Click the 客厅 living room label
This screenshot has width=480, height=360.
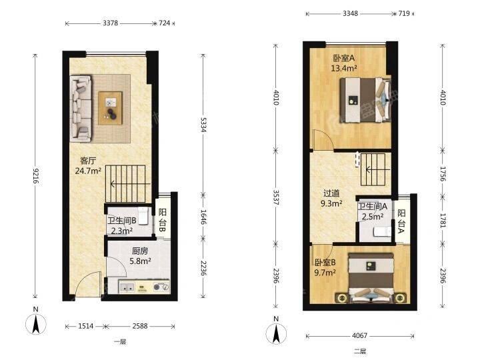coord(88,161)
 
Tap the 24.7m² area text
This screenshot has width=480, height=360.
coord(88,171)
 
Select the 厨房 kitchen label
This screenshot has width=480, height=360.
coord(140,251)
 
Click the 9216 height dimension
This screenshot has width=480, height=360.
coord(36,176)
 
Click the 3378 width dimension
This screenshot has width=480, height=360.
coord(110,23)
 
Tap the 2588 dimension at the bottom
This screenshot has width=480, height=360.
coord(140,326)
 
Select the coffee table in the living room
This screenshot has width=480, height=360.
coord(110,109)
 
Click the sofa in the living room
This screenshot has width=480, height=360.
coord(81,109)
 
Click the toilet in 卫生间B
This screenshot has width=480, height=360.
coord(143,216)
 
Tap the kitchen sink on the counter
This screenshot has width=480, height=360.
coord(127,287)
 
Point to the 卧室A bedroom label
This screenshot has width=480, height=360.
coord(344,57)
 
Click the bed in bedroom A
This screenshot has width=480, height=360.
coord(366,100)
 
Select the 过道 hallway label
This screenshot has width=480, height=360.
coord(331,193)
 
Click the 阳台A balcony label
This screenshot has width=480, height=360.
coord(401,221)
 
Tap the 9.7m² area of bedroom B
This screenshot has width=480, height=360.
coord(325,272)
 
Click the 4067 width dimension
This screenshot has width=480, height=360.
coord(359,336)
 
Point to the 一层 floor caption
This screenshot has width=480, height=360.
coord(120,342)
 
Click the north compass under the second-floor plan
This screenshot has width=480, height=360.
coord(277,333)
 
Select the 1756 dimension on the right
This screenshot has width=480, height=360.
coord(443,173)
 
